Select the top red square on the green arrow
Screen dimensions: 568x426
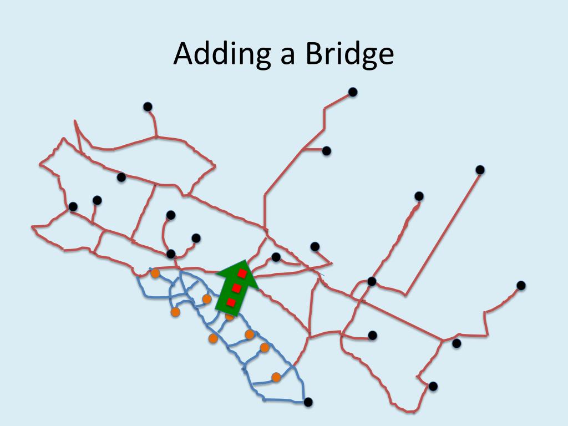[x=242, y=273]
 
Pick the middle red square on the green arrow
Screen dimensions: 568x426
[x=237, y=288]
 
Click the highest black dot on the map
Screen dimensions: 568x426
[x=352, y=92]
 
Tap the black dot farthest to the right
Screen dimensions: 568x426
[x=521, y=285]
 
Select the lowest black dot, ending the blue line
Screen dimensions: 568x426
[x=308, y=402]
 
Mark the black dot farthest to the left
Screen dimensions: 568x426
[x=73, y=206]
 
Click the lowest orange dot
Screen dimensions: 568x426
[x=276, y=377]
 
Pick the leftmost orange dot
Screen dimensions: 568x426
[x=155, y=273]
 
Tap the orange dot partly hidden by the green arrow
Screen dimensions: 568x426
[x=229, y=317]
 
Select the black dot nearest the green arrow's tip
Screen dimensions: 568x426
[x=276, y=257]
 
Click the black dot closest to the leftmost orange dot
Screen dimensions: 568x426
[x=171, y=254]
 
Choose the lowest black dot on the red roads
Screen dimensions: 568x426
[x=433, y=386]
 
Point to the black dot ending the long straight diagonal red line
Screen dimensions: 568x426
[x=480, y=170]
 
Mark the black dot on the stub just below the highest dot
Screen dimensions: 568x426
[x=327, y=151]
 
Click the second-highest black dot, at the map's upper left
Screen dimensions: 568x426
[x=148, y=106]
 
